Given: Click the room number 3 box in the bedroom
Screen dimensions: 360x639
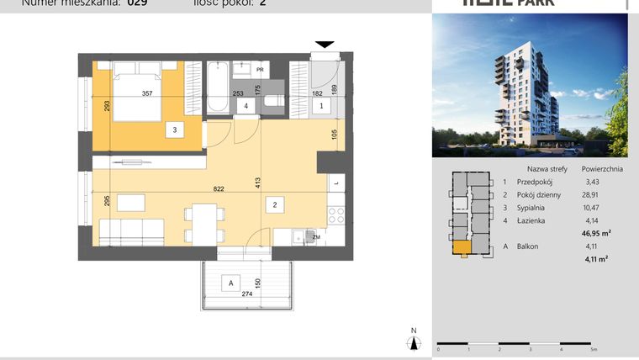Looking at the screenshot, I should (174, 130).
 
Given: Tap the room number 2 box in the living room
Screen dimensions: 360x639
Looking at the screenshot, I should (275, 203).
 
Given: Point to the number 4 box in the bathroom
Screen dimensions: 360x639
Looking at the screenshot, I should (246, 106).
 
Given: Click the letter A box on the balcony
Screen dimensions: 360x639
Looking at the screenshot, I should (228, 283).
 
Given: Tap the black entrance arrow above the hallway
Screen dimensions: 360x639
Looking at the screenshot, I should (325, 45).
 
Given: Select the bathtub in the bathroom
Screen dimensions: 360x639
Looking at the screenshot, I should (217, 87).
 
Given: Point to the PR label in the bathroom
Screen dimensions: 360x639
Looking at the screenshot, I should (261, 70).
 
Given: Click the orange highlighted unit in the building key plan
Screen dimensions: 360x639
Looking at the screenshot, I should (461, 247).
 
